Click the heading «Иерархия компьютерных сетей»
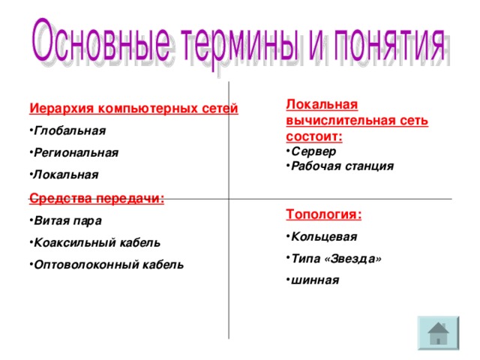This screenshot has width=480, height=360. pos(134,109)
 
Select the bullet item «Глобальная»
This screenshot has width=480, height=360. pos(70,130)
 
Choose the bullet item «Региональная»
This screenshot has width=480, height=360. pos(76,152)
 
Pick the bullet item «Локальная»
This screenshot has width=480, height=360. pos(66,174)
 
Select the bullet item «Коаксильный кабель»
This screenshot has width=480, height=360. pos(97,243)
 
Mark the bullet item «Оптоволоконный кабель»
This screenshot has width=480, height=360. pos(109,265)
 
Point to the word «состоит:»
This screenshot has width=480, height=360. pos(314,136)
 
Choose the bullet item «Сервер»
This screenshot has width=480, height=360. pos(313,151)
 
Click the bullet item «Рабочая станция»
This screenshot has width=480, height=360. pos(342,166)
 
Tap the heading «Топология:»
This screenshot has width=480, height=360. pos(324,214)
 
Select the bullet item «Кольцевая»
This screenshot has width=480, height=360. pos(323,237)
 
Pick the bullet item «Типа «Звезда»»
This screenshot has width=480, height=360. pos(336,259)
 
